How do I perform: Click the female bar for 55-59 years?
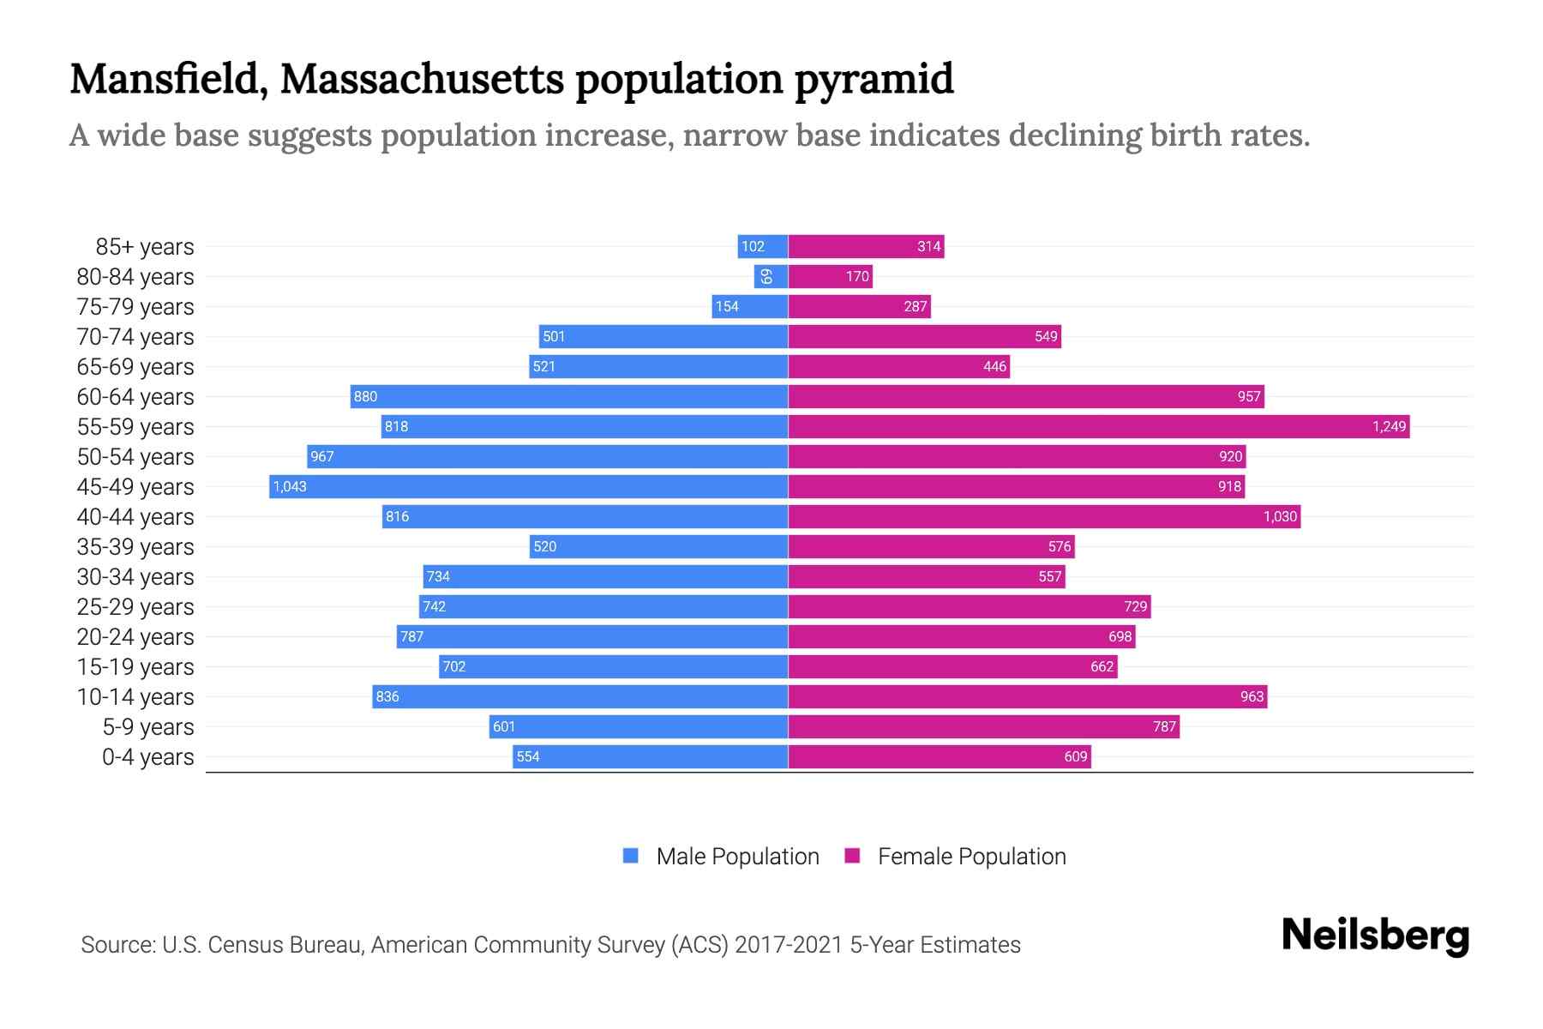[x=1099, y=426]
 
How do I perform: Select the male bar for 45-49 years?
[x=529, y=486]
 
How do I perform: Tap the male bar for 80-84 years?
[x=771, y=276]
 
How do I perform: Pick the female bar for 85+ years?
[x=866, y=246]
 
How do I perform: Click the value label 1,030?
[x=1280, y=516]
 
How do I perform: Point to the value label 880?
[x=365, y=396]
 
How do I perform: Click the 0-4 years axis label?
[x=147, y=757]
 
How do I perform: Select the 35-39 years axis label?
[x=135, y=547]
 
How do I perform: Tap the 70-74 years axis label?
[x=135, y=337]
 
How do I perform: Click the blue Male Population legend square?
[x=631, y=856]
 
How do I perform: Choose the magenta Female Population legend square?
[x=852, y=856]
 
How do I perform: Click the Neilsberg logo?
[x=1375, y=936]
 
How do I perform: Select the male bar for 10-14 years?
[x=580, y=696]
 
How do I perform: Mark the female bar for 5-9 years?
[x=983, y=726]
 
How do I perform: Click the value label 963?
[x=1252, y=696]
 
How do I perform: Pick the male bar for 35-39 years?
[x=658, y=546]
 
